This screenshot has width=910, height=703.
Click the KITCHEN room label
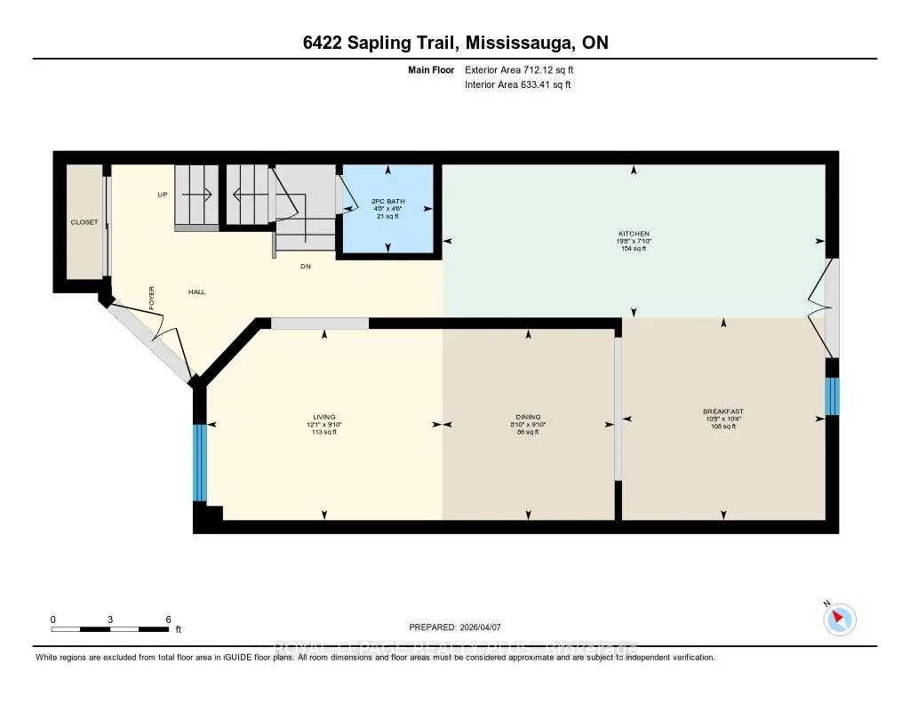click(635, 234)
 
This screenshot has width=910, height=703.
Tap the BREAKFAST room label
click(722, 411)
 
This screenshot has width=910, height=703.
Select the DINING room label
click(528, 417)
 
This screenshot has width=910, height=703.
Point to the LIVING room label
click(323, 417)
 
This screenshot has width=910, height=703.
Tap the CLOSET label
click(85, 222)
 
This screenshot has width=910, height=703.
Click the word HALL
click(196, 292)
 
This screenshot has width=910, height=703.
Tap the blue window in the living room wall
click(200, 462)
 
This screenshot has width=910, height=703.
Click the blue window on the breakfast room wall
click(832, 396)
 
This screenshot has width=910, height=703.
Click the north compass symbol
click(840, 619)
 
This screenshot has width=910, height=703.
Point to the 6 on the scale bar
click(168, 619)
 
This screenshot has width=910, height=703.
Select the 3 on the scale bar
click(110, 619)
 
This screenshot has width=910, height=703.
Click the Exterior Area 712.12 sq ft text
click(525, 69)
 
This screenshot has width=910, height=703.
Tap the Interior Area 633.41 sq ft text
click(517, 85)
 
